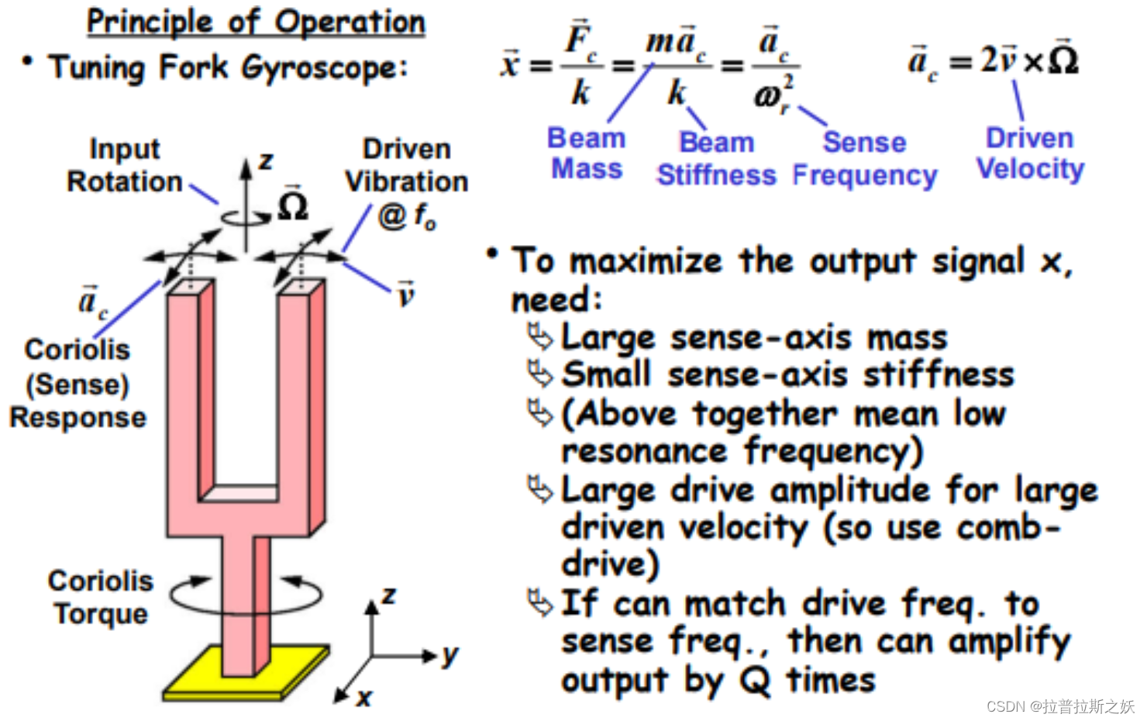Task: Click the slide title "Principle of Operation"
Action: click(x=256, y=22)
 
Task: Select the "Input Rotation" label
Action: click(x=124, y=165)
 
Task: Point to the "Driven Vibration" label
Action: click(x=406, y=165)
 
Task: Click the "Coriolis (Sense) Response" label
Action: click(x=77, y=383)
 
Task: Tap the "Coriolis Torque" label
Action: click(x=101, y=597)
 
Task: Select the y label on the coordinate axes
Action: click(x=450, y=656)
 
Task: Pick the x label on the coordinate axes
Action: click(x=364, y=698)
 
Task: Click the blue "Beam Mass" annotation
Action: click(x=587, y=154)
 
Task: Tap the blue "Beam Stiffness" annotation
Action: click(x=716, y=159)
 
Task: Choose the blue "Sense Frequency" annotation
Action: click(x=865, y=159)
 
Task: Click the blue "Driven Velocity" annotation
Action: click(x=1030, y=154)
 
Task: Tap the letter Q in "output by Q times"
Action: click(x=755, y=681)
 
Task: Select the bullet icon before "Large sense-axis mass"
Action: click(x=539, y=337)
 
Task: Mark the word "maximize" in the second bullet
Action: click(x=646, y=261)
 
